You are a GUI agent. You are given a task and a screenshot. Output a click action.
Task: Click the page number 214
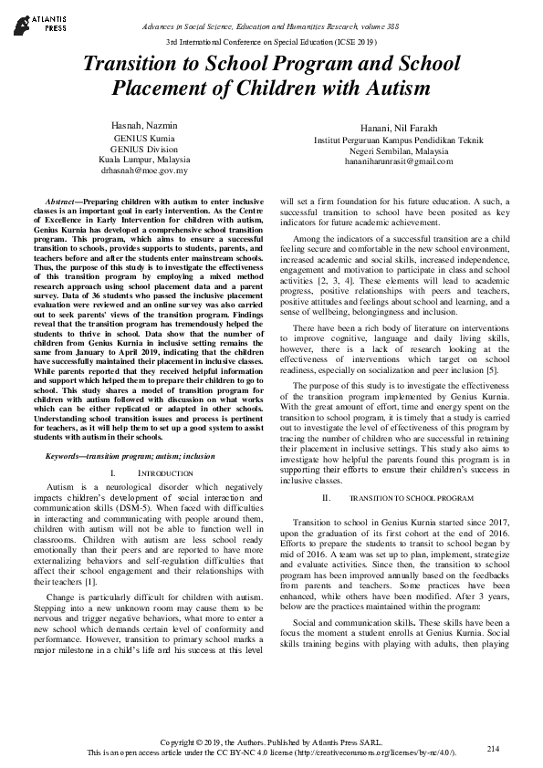pos(493,748)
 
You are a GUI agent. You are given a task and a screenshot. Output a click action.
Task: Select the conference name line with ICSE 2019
pos(271,43)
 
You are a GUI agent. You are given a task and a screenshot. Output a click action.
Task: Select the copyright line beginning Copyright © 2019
pos(271,741)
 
